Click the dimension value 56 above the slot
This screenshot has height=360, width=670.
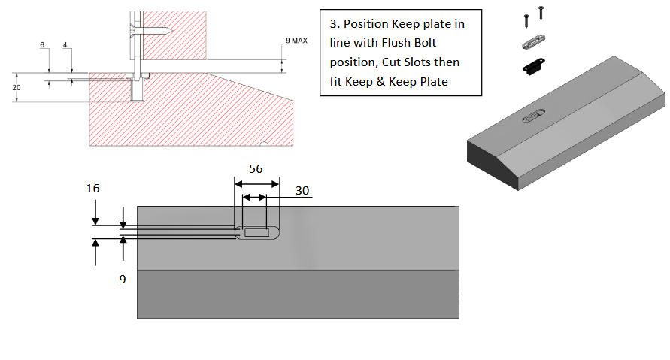[x=256, y=169]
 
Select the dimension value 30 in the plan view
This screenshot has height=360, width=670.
[x=302, y=191]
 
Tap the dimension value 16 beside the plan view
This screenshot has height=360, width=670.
[x=93, y=188]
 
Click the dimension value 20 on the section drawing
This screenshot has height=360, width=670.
[x=17, y=87]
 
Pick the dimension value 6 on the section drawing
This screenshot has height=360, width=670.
[x=42, y=45]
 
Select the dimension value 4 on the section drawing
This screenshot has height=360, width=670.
[x=65, y=45]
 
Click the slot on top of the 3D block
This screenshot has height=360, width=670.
[x=535, y=116]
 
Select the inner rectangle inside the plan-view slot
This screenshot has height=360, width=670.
[x=256, y=233]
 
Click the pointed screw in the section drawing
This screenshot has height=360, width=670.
[x=154, y=30]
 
